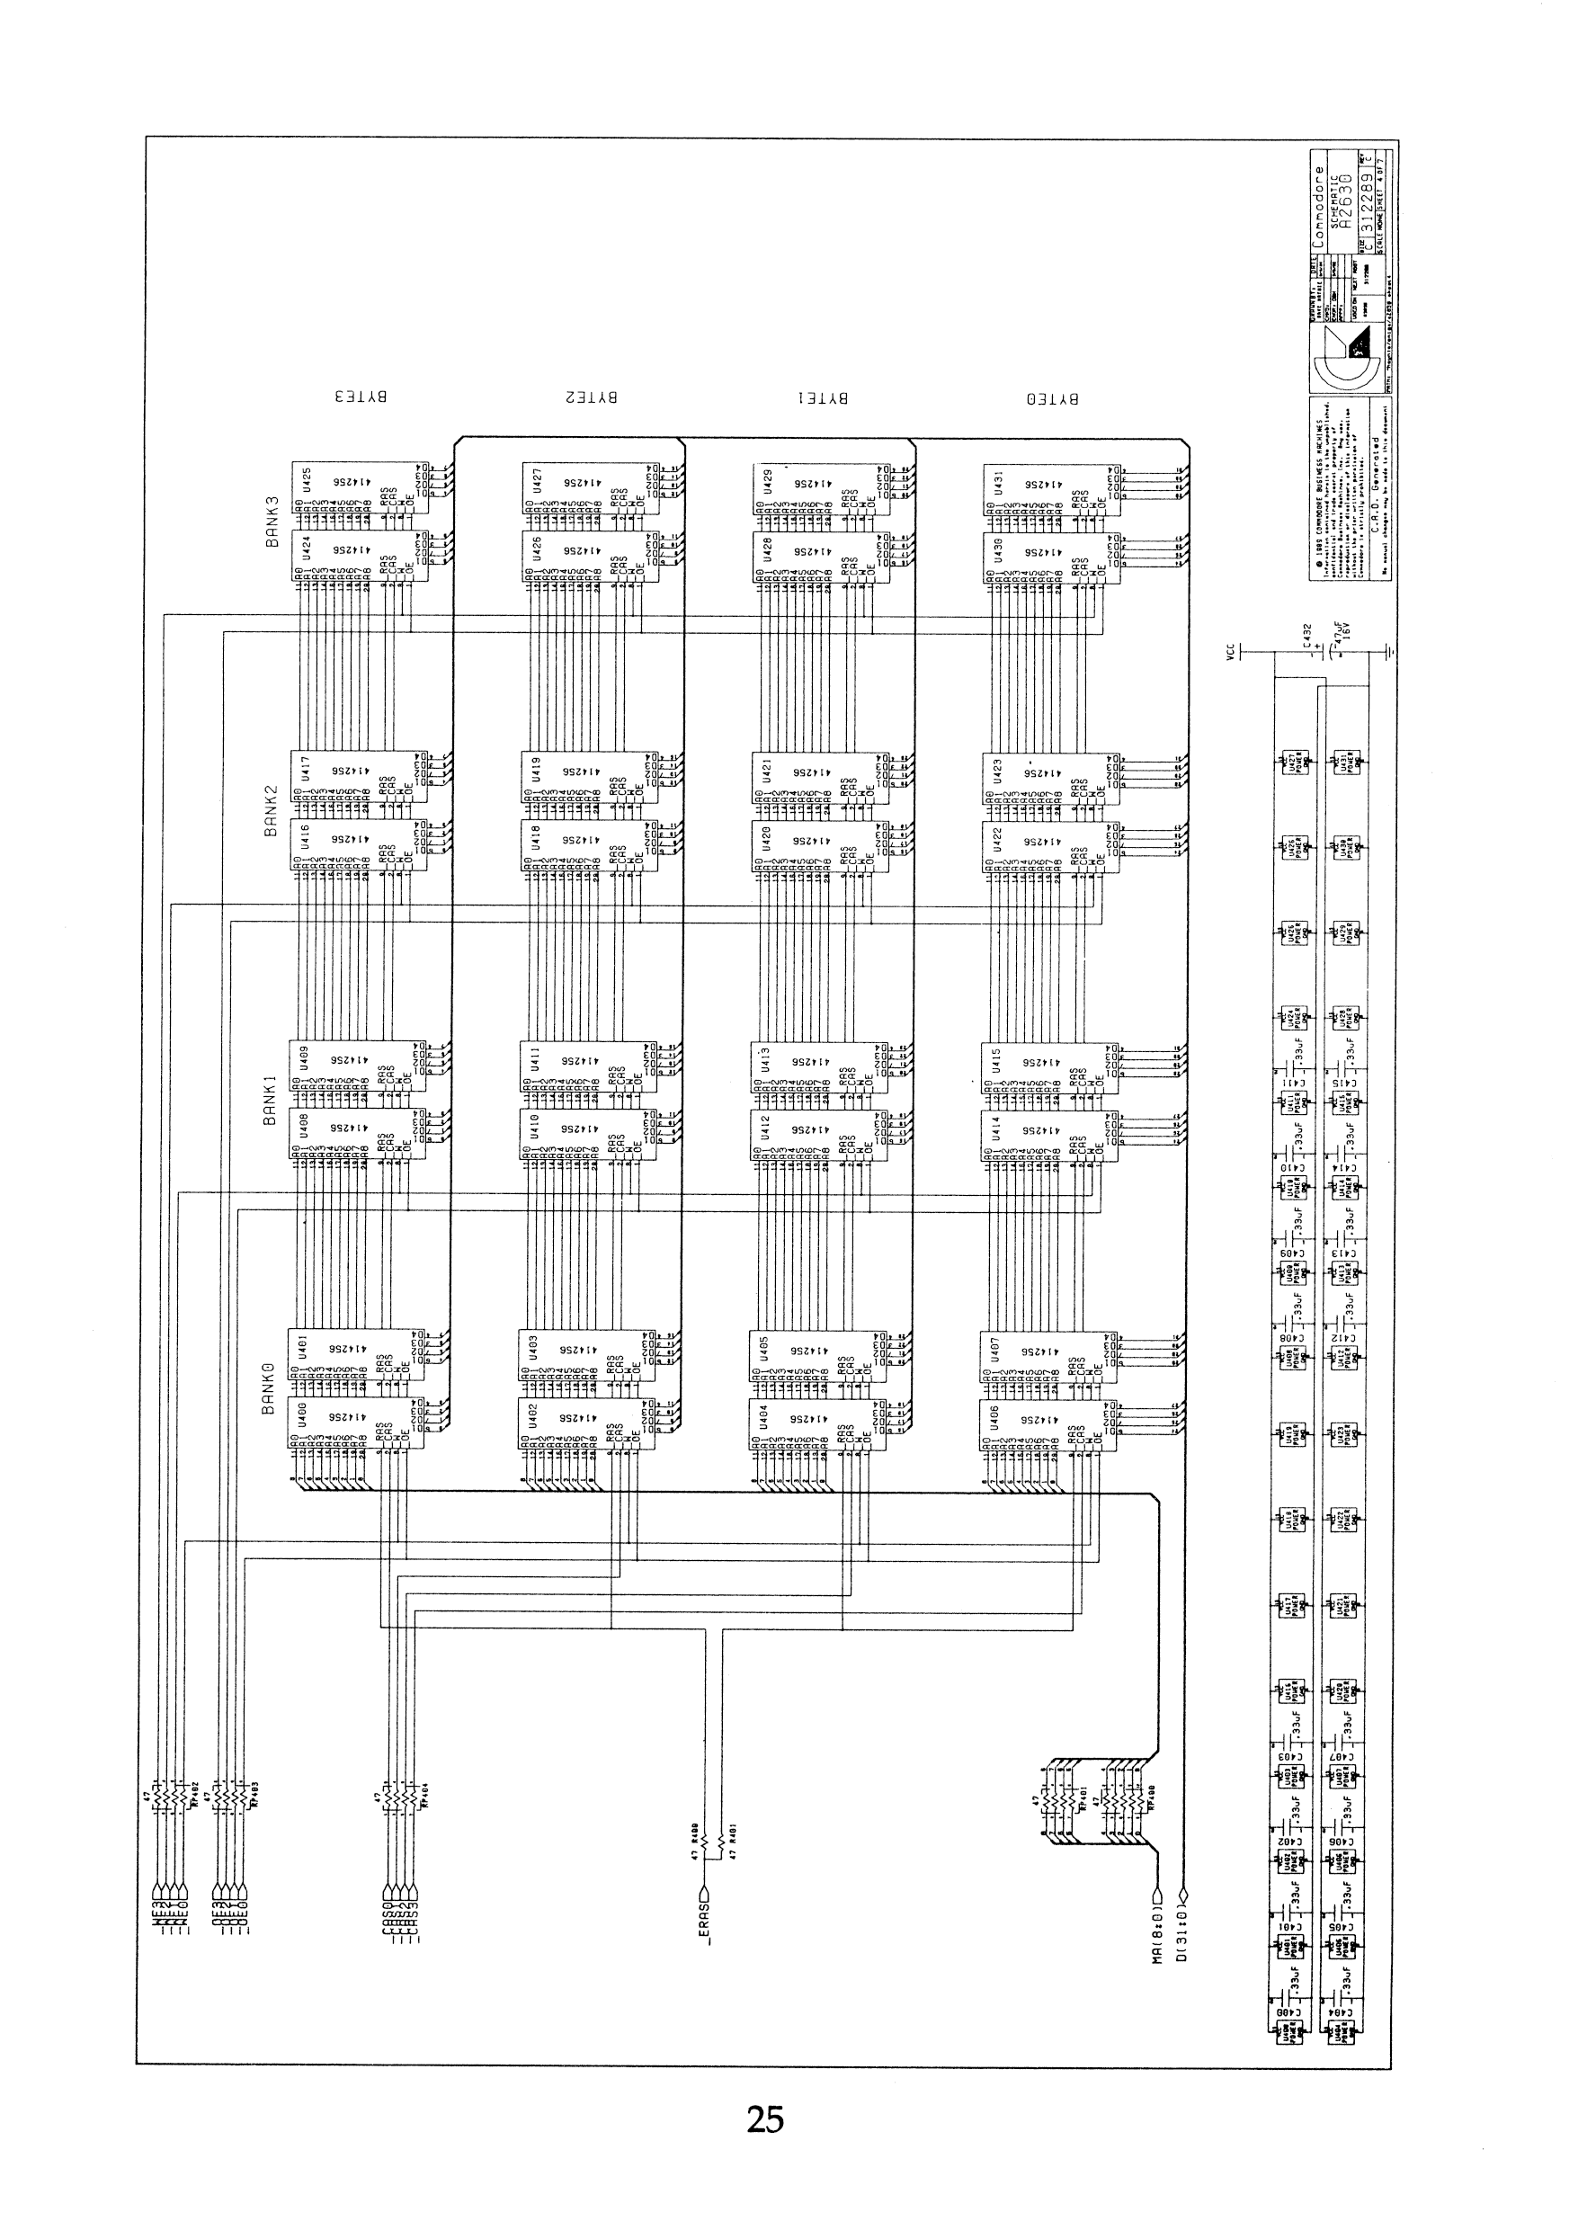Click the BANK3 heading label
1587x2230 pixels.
(272, 522)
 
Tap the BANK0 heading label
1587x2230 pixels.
(269, 1389)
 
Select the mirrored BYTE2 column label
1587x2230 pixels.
(592, 397)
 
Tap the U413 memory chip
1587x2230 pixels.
(819, 1067)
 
